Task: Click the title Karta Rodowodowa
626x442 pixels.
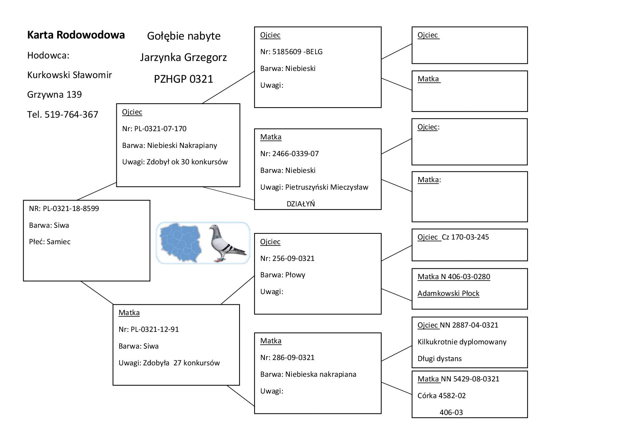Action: pos(76,35)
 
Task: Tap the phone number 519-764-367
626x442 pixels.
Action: pos(71,114)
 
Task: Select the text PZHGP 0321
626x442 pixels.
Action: pos(183,79)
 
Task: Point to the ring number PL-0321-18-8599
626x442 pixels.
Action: pos(71,209)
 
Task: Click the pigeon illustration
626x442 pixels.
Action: pos(227,243)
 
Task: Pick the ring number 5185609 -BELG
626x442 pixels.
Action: pos(297,52)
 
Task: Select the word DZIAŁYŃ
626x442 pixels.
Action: pos(301,204)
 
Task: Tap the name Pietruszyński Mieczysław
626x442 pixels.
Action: pos(327,187)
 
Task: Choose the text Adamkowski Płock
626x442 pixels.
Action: pos(448,293)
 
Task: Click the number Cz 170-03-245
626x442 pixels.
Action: pos(465,237)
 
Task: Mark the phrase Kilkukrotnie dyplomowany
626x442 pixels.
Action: pos(462,342)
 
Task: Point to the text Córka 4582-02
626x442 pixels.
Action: pos(441,396)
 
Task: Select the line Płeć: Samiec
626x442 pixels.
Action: pos(50,242)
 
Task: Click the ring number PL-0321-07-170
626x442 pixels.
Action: pos(160,129)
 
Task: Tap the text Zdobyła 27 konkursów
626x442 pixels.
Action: pos(181,363)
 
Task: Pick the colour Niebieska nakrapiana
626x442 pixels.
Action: pos(320,374)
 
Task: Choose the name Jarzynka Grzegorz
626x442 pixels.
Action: pos(183,57)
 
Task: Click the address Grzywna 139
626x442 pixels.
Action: pos(54,94)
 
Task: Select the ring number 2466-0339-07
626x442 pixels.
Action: pos(296,154)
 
